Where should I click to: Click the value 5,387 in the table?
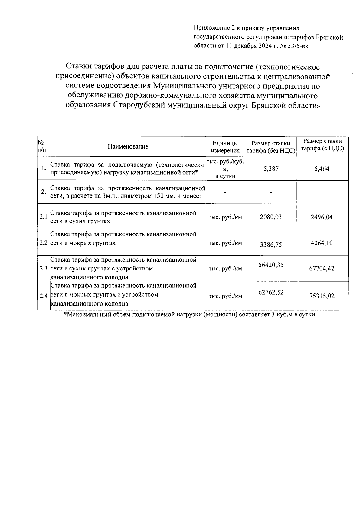(x=271, y=169)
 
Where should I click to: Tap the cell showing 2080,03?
(x=271, y=217)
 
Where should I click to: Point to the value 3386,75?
(x=271, y=244)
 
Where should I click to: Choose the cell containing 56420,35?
(x=271, y=265)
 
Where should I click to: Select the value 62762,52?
(x=271, y=292)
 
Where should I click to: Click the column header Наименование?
(x=128, y=147)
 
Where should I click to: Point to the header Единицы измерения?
(x=225, y=147)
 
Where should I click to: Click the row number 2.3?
(x=43, y=269)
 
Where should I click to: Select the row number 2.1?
(x=43, y=217)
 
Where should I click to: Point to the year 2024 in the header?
(x=257, y=46)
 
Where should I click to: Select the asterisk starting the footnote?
(x=65, y=314)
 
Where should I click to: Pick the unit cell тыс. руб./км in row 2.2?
(x=225, y=243)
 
